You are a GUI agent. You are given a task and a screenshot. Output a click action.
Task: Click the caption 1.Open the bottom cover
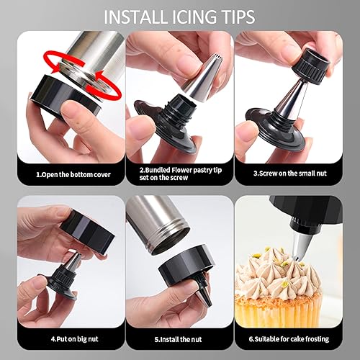(73, 174)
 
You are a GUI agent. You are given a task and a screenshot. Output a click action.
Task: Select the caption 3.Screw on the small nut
(290, 174)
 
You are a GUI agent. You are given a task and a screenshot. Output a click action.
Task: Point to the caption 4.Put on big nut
(75, 339)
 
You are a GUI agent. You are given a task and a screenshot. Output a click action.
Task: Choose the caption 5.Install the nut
(178, 339)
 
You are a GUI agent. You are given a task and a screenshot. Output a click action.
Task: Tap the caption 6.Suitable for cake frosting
(289, 339)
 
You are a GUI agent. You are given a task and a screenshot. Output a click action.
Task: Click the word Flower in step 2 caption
(181, 170)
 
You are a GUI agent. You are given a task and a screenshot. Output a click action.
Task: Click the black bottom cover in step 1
(65, 96)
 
